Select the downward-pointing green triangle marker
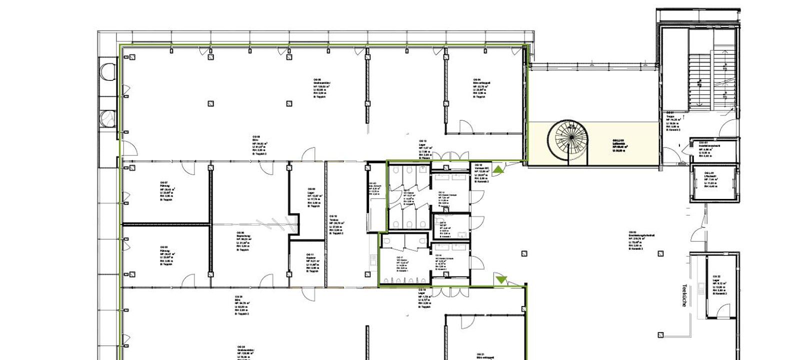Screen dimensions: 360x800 pyautogui.click(x=501, y=279)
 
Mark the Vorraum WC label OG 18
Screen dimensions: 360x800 pyautogui.click(x=481, y=173)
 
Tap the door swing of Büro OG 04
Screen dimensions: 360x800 pyautogui.click(x=464, y=126)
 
